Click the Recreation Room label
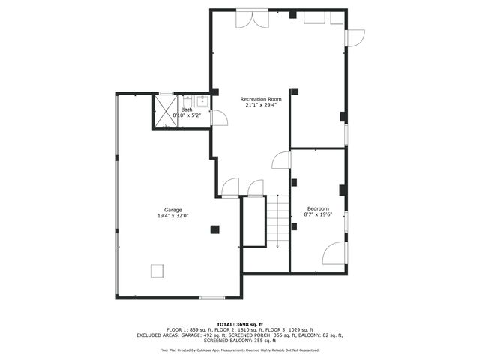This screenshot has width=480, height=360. pos(260,99)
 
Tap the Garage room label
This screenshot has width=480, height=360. pos(173,209)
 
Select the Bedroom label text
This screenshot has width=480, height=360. pos(318,208)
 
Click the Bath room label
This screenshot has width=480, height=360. pos(186,109)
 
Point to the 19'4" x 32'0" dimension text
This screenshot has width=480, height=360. pos(173,216)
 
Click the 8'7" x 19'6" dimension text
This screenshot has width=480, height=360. pos(318,214)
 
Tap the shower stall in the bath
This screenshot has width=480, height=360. pos(165,111)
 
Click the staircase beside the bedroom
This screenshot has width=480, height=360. pos(277,221)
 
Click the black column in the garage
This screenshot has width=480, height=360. pos(214,229)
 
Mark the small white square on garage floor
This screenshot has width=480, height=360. pos(157,270)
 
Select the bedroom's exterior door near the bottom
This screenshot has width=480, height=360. pos(335,253)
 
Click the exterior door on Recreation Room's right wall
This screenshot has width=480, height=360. pos(354,37)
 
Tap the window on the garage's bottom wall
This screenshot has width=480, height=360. pos(211,298)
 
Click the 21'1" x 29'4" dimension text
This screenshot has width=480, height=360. pos(260,106)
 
